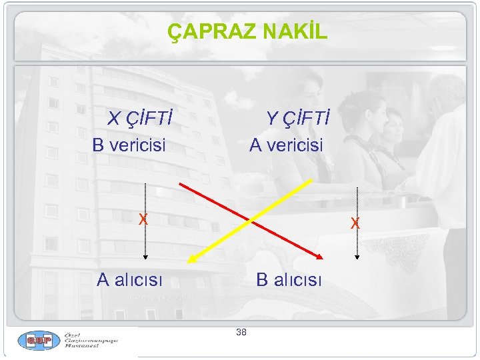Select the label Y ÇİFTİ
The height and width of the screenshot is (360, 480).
click(298, 119)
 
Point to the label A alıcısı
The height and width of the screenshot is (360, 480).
click(129, 279)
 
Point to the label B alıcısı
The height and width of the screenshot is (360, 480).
click(289, 279)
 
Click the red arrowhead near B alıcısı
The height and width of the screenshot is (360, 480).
click(319, 255)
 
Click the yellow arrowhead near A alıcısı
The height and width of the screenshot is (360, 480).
click(191, 261)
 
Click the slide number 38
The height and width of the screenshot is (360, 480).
click(241, 332)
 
